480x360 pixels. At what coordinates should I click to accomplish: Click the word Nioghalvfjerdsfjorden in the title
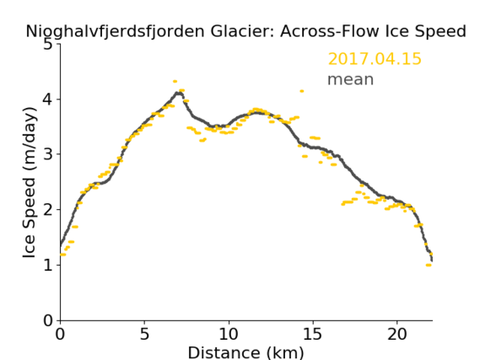tap(115, 32)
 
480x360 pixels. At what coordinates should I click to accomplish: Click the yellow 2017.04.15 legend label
tap(375, 59)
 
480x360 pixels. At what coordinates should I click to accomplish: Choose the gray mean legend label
tap(351, 79)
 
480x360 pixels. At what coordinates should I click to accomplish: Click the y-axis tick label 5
tap(48, 45)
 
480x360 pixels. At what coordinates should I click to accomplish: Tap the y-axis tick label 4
tap(48, 99)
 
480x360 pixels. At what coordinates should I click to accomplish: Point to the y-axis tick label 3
tap(48, 154)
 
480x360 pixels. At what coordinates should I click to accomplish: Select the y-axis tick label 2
tap(48, 210)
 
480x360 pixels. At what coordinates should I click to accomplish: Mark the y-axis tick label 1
tap(48, 265)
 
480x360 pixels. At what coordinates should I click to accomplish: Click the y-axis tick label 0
tap(48, 320)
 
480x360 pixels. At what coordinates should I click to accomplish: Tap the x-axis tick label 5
tap(144, 334)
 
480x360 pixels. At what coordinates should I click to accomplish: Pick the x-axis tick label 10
tap(229, 334)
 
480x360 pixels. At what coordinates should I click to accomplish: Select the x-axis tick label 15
tap(313, 334)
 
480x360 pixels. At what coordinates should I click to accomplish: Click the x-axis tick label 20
tap(397, 334)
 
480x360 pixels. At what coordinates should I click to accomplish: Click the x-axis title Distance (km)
tap(245, 352)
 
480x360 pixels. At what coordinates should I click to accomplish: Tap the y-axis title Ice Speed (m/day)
tap(29, 183)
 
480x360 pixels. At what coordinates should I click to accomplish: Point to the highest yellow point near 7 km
tap(175, 82)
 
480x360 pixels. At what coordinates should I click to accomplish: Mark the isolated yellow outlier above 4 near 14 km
tap(302, 91)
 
